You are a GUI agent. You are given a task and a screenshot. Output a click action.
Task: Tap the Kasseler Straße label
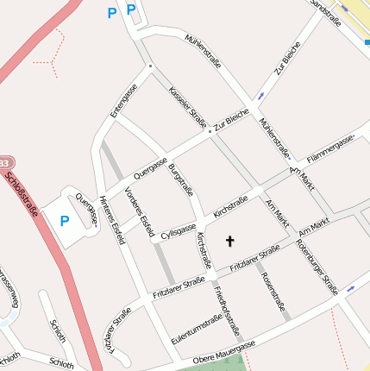188,106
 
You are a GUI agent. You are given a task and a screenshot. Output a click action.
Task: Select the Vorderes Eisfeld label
140,211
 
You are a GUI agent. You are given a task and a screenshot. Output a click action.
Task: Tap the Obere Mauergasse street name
224,351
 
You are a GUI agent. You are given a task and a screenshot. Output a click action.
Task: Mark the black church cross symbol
229,241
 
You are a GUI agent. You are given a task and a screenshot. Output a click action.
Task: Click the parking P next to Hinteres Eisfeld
65,221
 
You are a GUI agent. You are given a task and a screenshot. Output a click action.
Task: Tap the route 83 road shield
4,163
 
